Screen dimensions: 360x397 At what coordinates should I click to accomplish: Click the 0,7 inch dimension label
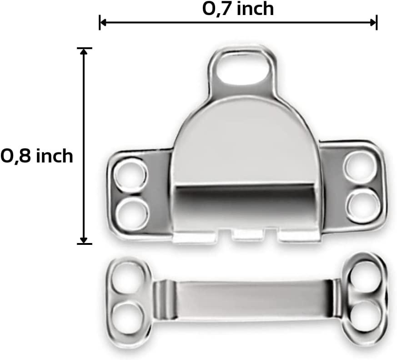point(238,9)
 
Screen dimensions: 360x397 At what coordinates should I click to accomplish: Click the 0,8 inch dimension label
point(37,156)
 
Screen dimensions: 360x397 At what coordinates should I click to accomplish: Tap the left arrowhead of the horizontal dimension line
point(102,21)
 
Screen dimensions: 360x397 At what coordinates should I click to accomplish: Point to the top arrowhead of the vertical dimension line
point(84,51)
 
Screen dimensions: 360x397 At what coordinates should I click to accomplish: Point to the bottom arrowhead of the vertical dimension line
point(84,240)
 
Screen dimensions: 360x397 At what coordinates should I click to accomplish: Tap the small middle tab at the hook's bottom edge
point(248,234)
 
